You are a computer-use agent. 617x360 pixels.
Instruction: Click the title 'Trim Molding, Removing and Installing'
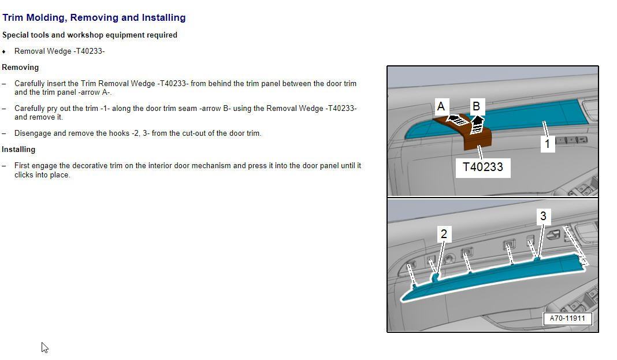pyautogui.click(x=94, y=18)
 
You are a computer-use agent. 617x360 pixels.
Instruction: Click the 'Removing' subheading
pyautogui.click(x=20, y=67)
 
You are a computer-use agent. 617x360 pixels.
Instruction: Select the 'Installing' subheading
pyautogui.click(x=18, y=149)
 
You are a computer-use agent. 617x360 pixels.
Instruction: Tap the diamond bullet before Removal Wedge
pyautogui.click(x=4, y=51)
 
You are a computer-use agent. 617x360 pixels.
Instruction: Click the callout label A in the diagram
pyautogui.click(x=441, y=106)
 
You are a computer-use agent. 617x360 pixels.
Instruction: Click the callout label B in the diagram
pyautogui.click(x=476, y=106)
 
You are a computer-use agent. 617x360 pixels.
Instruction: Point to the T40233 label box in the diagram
pyautogui.click(x=483, y=168)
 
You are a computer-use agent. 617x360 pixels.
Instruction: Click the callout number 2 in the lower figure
pyautogui.click(x=444, y=234)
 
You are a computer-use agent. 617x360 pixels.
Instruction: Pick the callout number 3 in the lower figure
pyautogui.click(x=542, y=217)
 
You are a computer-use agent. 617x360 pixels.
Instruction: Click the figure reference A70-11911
pyautogui.click(x=567, y=318)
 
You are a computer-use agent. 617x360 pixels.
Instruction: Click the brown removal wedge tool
pyautogui.click(x=477, y=138)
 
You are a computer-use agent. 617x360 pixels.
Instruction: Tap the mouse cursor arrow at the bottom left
pyautogui.click(x=44, y=347)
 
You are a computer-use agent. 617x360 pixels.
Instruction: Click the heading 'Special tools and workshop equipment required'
pyautogui.click(x=90, y=35)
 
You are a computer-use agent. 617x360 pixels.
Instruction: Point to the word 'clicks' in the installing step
pyautogui.click(x=24, y=175)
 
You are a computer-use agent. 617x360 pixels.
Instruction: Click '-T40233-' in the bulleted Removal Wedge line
pyautogui.click(x=89, y=51)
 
